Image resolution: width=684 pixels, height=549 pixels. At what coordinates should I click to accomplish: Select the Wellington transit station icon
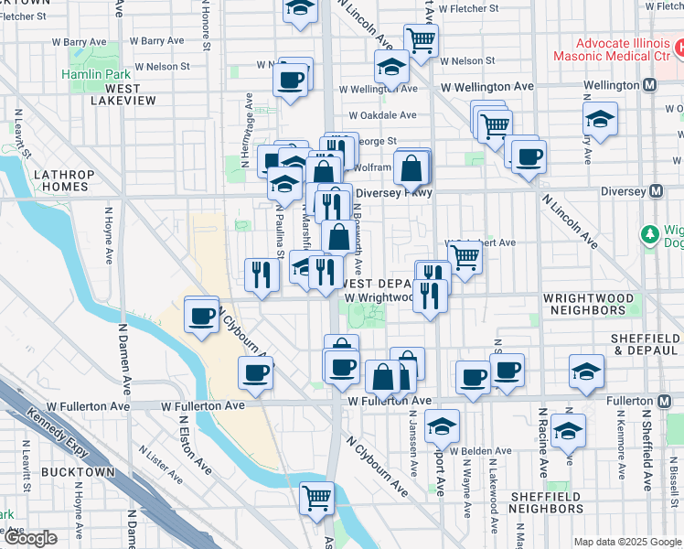coord(650,85)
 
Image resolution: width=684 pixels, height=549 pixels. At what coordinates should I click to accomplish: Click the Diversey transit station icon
coord(654,192)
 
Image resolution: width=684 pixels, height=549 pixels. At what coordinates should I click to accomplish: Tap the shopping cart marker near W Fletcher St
coord(421,38)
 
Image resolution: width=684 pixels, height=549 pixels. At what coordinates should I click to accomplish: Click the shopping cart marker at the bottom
coord(317,498)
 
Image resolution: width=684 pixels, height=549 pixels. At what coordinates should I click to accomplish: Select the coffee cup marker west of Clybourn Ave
coord(201,316)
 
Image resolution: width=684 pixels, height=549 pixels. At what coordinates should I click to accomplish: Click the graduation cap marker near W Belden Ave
coord(443,425)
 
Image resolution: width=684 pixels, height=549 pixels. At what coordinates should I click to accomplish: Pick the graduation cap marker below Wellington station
coord(600,119)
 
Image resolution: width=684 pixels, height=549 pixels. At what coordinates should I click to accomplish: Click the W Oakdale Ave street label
coord(381,115)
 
